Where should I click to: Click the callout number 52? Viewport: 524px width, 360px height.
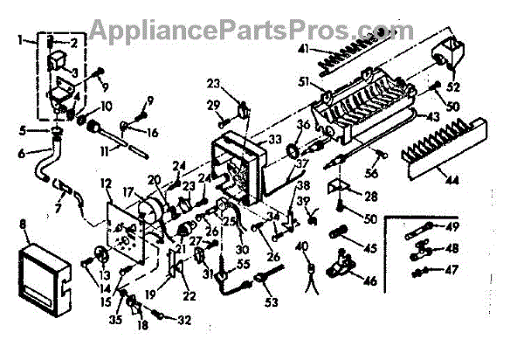click(x=452, y=87)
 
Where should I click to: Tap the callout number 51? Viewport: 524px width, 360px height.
click(x=305, y=84)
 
